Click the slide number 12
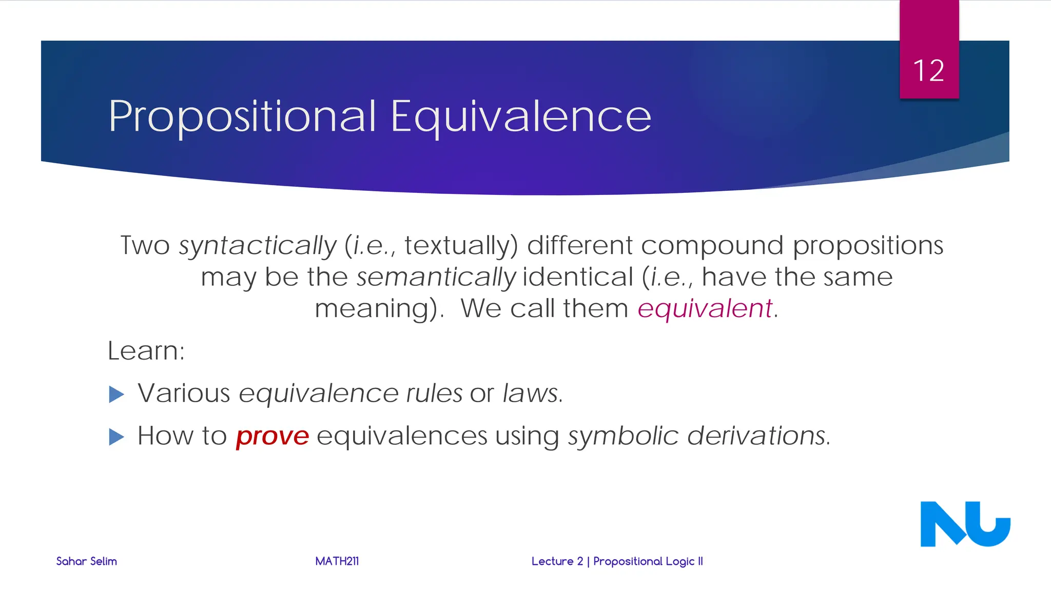(x=928, y=71)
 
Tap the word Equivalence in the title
(x=521, y=117)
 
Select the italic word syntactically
(x=258, y=246)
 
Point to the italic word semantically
(x=436, y=278)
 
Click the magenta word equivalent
(x=705, y=309)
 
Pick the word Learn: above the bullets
(x=146, y=351)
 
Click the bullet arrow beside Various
(x=117, y=395)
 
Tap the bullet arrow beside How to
(x=117, y=437)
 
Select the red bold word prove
(x=273, y=437)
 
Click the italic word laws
(x=532, y=393)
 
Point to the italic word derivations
(x=758, y=436)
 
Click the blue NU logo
(x=965, y=524)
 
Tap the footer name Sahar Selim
(x=87, y=561)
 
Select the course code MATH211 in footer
(x=337, y=561)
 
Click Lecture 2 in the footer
(x=557, y=561)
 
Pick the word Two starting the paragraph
(x=145, y=246)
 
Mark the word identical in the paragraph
(x=578, y=278)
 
